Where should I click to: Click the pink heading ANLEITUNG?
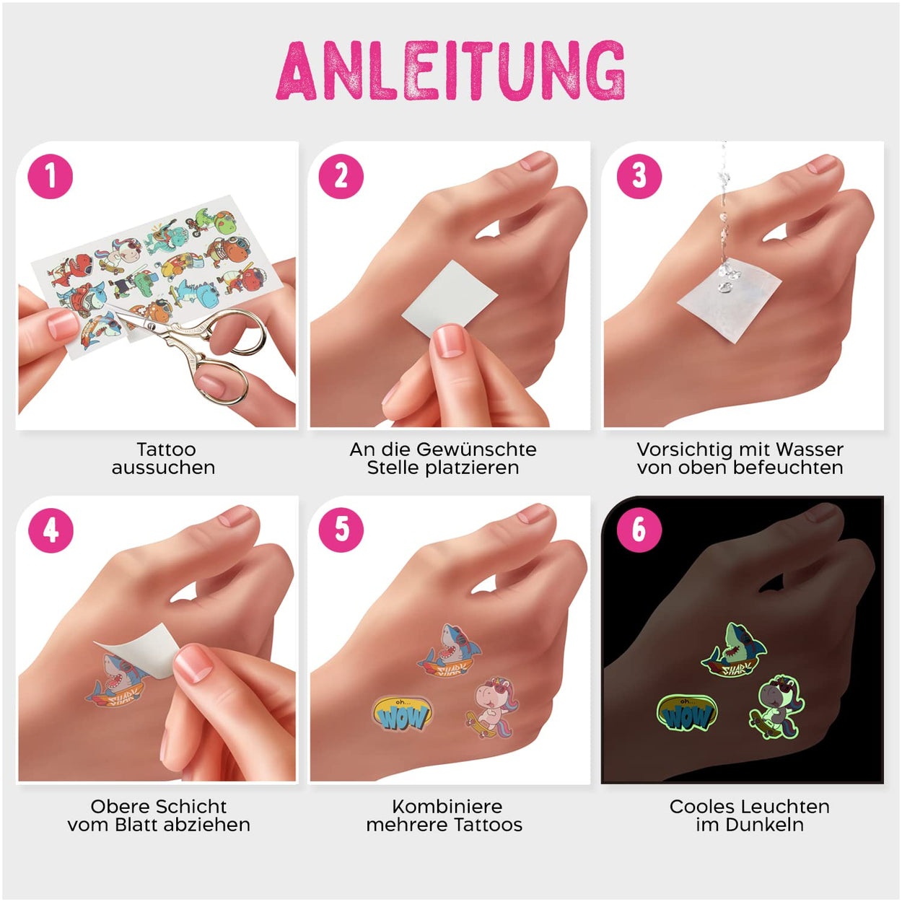click(450, 71)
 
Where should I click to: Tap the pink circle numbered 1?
click(50, 177)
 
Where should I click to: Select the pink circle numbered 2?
click(341, 177)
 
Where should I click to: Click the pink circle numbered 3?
click(639, 177)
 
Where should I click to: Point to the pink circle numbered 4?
click(51, 530)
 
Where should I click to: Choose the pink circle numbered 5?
click(341, 530)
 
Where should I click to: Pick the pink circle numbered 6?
click(639, 530)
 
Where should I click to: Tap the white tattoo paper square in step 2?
click(450, 299)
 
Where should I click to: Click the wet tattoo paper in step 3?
click(730, 299)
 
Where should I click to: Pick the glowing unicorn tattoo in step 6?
click(777, 708)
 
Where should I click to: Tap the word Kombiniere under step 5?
click(447, 807)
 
